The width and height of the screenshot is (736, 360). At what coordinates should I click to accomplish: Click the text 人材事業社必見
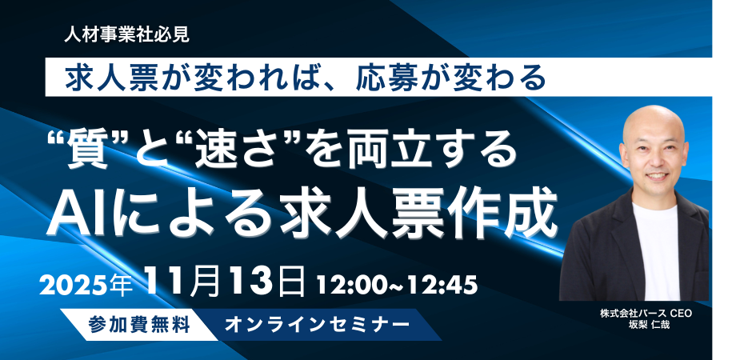tap(129, 34)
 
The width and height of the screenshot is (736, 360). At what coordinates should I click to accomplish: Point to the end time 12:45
tap(445, 283)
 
